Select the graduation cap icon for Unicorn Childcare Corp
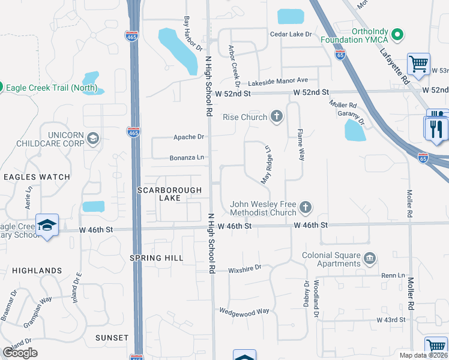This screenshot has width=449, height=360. [92, 139]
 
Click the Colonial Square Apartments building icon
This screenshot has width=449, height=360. [370, 259]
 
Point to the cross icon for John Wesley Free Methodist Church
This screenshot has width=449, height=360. [306, 208]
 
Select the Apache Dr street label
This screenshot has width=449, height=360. [188, 137]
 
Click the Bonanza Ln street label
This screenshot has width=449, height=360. [186, 158]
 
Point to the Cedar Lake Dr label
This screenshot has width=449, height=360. [291, 34]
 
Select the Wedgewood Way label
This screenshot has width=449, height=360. [244, 311]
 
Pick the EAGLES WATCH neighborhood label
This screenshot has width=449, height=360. [37, 177]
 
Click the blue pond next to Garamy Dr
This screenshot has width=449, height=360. [355, 130]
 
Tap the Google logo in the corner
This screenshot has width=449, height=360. [20, 353]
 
